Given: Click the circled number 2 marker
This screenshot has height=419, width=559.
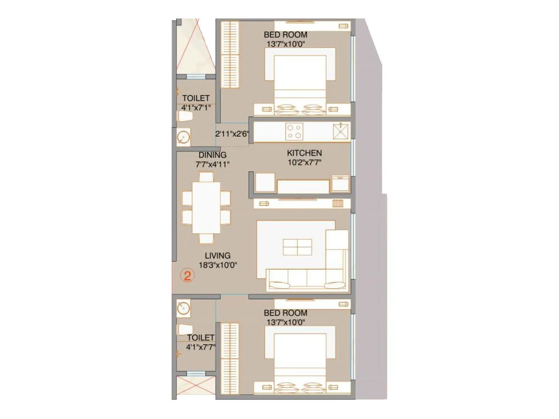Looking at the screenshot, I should [x=187, y=276].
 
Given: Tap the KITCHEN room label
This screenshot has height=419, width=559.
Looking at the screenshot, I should [x=304, y=153].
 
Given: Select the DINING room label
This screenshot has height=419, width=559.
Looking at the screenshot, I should [x=212, y=155].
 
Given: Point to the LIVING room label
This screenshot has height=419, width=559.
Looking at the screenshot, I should [x=218, y=256].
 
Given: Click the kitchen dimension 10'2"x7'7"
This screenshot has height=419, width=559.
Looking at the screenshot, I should [x=304, y=162].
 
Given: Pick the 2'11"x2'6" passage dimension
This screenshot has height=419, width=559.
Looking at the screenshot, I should [x=232, y=134].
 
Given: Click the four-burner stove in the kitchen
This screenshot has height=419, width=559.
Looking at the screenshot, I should [x=294, y=132].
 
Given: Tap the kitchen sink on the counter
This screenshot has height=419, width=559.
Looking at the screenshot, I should [x=341, y=132].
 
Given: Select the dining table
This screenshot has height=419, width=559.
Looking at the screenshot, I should [x=206, y=208].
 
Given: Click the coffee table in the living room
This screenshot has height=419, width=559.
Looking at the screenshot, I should [x=297, y=247].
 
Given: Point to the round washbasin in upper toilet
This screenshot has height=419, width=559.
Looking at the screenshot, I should [x=183, y=137].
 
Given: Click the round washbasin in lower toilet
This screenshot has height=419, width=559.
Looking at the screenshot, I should [x=183, y=308].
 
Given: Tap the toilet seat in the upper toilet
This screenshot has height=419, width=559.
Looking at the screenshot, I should [x=185, y=116].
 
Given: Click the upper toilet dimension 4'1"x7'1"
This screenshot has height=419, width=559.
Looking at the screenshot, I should [x=196, y=108].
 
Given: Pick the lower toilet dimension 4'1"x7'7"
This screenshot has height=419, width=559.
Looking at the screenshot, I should [x=201, y=347].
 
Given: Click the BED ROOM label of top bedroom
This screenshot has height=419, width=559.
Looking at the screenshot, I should [x=285, y=35].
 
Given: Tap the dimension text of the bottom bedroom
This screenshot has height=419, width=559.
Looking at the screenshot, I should [x=285, y=322].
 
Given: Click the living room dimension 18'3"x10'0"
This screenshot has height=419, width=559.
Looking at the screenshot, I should [x=218, y=265].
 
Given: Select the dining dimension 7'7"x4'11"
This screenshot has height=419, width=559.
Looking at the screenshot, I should [x=212, y=164].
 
